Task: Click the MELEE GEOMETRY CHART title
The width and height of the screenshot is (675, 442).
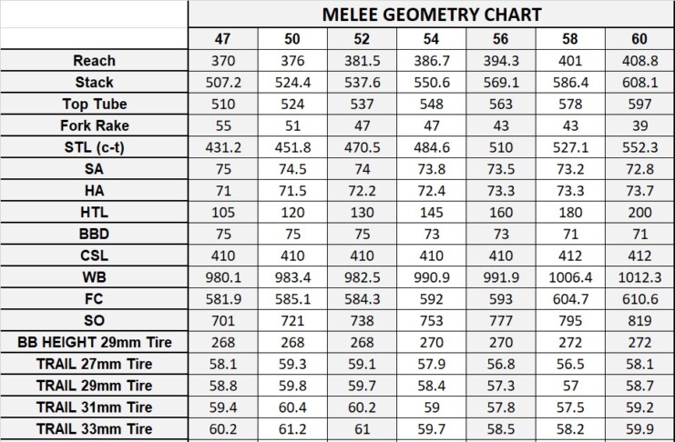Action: click(432, 15)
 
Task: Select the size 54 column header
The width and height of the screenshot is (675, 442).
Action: click(432, 39)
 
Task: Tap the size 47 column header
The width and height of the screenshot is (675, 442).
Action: click(222, 39)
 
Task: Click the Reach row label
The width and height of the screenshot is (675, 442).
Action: click(94, 61)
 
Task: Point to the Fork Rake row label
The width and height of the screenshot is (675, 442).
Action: click(94, 126)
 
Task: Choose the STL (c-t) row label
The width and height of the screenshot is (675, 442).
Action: click(94, 147)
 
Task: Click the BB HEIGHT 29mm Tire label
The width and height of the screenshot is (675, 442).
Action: click(94, 342)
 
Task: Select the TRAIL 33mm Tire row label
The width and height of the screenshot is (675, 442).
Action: click(94, 428)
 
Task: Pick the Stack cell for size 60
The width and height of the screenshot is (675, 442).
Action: click(641, 82)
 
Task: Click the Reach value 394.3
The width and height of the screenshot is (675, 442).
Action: click(500, 61)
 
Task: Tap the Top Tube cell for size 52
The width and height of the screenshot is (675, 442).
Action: click(362, 104)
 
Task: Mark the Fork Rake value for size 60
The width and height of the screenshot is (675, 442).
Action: click(641, 126)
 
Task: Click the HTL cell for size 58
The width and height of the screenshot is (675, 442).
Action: click(570, 212)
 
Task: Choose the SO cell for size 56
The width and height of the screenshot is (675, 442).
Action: click(500, 320)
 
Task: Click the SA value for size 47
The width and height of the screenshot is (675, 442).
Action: click(222, 169)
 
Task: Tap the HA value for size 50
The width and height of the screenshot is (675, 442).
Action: click(292, 190)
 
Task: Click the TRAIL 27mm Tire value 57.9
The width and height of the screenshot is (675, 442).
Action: click(432, 364)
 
